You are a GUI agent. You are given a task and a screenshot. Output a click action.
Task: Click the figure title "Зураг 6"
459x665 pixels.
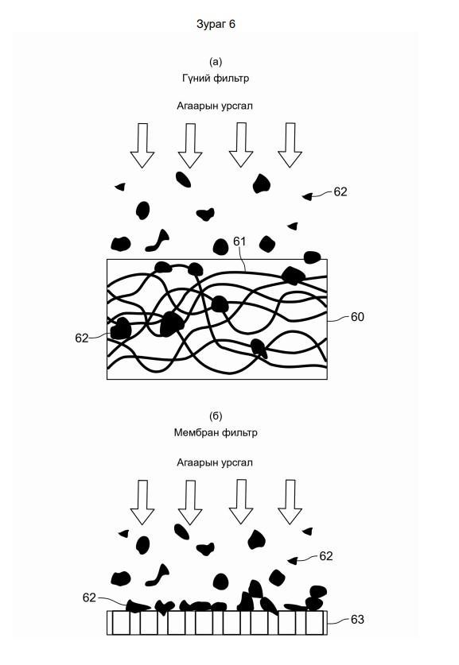(x=216, y=24)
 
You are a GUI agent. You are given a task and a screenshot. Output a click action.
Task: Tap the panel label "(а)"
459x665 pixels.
(x=216, y=62)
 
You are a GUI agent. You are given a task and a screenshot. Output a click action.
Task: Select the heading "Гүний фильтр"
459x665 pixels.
(x=216, y=78)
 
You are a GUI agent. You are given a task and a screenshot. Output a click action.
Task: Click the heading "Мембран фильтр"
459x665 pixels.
(x=216, y=432)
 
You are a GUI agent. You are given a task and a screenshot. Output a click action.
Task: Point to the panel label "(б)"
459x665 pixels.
(x=216, y=416)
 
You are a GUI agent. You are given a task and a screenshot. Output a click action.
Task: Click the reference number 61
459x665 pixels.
(x=240, y=242)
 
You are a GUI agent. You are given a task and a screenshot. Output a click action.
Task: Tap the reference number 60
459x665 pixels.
(x=357, y=317)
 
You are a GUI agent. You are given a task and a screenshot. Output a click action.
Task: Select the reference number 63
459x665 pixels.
(x=357, y=620)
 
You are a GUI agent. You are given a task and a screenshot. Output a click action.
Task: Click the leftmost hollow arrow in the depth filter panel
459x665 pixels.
(x=142, y=145)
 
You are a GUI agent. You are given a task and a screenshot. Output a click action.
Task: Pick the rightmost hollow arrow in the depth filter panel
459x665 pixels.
(x=290, y=145)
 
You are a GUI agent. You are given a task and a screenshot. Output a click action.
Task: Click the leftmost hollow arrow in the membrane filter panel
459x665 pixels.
(x=142, y=503)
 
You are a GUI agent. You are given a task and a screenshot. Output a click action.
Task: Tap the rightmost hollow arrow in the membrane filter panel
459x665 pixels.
(x=290, y=502)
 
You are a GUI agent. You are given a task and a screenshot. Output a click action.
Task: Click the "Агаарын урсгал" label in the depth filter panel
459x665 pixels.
(x=215, y=106)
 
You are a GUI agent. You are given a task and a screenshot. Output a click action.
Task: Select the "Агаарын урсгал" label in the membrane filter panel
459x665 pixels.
(x=215, y=462)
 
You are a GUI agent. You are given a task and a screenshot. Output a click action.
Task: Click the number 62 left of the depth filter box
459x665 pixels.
(x=81, y=338)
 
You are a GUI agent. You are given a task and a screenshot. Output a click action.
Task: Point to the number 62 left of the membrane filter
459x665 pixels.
(x=89, y=597)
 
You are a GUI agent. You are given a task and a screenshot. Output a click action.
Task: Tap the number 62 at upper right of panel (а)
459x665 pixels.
(x=340, y=192)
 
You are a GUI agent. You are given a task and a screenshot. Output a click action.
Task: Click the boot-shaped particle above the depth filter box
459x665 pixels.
(x=158, y=241)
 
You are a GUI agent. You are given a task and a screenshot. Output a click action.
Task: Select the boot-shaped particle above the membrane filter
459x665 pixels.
(x=158, y=575)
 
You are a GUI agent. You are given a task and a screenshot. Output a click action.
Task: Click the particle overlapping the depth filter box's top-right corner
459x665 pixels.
(x=312, y=257)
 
